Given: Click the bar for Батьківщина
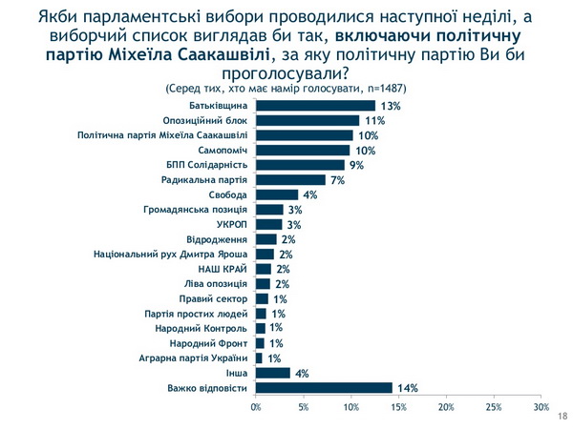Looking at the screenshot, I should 315,105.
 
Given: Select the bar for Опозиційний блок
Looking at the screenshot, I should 308,120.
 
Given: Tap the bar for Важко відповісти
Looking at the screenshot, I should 324,387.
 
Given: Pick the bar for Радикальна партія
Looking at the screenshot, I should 289,179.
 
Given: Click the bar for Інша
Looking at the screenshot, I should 273,373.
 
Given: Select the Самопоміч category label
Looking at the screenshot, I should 224,150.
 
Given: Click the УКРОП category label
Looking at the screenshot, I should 230,224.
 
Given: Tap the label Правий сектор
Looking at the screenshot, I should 220,298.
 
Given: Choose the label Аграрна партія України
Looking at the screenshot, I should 197,357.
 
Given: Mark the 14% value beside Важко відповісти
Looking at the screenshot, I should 407,388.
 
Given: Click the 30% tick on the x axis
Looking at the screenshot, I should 541,408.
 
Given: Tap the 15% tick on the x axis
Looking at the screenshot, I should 398,408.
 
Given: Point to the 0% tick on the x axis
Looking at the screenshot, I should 256,408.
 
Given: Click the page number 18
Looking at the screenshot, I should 560,417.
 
